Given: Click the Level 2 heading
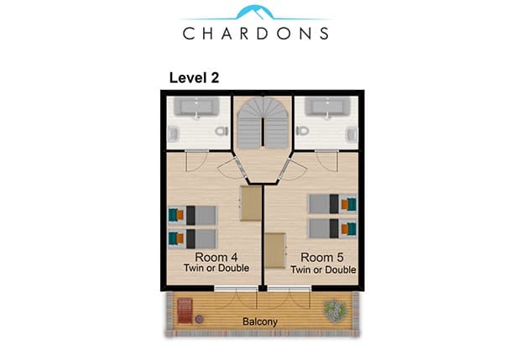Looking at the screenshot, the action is [194, 78].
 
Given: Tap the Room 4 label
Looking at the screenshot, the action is [216, 257].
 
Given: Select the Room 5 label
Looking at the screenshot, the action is [322, 258].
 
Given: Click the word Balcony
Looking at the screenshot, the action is [260, 321].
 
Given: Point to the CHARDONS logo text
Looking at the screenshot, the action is [256, 34].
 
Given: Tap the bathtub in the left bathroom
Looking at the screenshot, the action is [196, 107].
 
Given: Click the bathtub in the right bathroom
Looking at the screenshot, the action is [328, 107].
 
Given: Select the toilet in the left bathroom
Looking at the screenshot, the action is [221, 131].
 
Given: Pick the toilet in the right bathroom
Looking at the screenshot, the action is [302, 131].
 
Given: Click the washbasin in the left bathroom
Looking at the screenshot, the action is [174, 134].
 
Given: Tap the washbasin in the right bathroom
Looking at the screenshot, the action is [352, 134].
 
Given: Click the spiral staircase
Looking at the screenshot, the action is [263, 123].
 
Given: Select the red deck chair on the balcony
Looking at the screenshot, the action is [185, 310].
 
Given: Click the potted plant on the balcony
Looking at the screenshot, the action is [336, 310].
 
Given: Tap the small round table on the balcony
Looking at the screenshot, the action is [200, 319].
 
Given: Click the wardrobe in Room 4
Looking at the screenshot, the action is [251, 203].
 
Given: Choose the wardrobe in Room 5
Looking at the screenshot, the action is [275, 251].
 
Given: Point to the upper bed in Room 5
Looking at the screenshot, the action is [332, 204].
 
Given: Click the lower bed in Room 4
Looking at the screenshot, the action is [193, 239].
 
